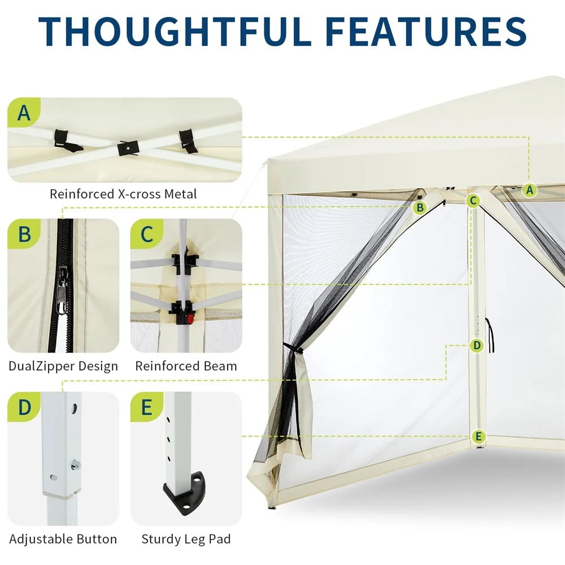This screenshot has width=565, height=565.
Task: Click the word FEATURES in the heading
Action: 426,31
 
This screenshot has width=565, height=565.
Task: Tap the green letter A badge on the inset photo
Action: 24,112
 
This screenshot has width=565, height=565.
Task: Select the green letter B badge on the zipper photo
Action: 24,234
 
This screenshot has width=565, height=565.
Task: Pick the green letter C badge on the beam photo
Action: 147,234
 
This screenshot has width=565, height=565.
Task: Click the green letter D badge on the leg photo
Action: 24,407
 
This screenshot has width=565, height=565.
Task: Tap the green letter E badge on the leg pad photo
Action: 147,407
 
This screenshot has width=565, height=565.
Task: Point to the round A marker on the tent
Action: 529,189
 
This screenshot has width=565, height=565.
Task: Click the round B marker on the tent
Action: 420,207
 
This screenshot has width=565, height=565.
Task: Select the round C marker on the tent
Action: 473,201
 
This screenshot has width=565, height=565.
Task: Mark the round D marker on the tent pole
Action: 477,346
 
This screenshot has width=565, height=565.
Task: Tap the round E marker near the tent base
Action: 479,437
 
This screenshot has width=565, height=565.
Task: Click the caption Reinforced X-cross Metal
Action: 123,194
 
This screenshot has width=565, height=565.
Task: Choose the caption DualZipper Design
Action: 63,366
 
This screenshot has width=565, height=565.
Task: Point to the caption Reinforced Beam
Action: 186,366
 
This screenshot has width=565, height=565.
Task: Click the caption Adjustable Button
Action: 63,540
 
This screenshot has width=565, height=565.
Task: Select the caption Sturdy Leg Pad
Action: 186,540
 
